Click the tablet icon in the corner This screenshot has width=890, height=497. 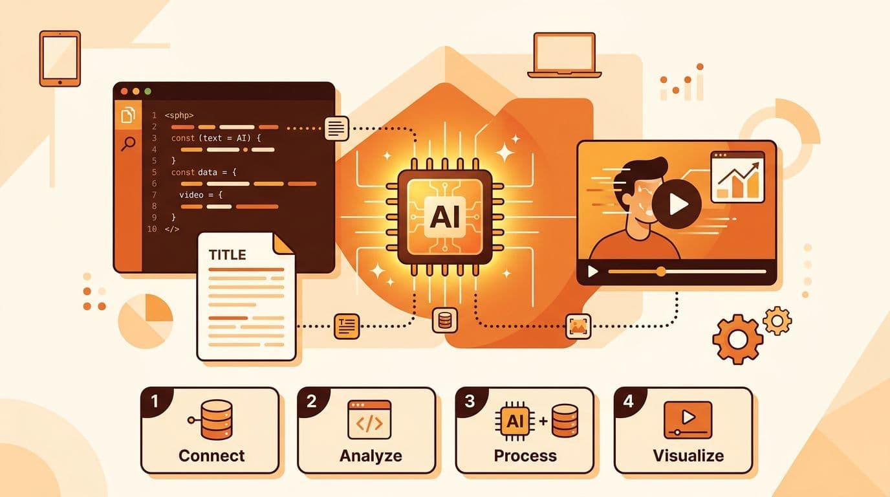(60, 58)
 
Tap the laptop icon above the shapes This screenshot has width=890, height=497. (564, 55)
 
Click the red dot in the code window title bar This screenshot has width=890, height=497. (124, 91)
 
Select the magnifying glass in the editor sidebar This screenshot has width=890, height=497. (128, 144)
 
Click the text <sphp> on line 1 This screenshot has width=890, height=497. (179, 115)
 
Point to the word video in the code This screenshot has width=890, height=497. (191, 195)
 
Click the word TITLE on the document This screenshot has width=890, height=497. (227, 255)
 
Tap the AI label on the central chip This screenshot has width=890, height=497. (444, 217)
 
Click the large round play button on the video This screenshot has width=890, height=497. (677, 204)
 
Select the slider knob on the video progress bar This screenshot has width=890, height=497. (661, 272)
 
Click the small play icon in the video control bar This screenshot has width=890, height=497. (593, 272)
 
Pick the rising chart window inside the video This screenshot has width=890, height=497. (737, 177)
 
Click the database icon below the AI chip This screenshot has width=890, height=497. (444, 320)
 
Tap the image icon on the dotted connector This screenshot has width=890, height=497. (578, 326)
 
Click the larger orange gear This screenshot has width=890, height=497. (738, 339)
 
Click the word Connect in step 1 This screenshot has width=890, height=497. (212, 456)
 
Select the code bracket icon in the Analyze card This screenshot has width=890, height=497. (369, 420)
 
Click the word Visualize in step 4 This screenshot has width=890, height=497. (688, 456)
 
